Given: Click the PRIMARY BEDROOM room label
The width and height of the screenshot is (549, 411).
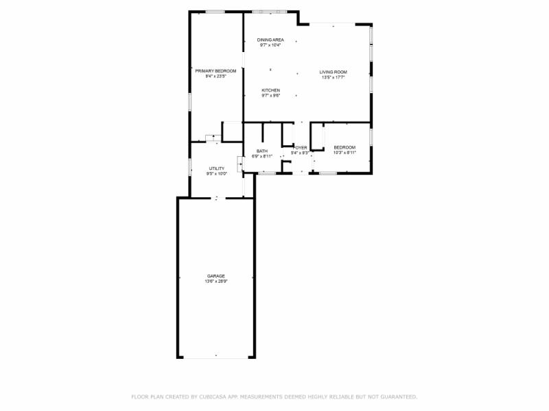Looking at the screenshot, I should (215, 71).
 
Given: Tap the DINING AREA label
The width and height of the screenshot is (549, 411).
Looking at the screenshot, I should (270, 40).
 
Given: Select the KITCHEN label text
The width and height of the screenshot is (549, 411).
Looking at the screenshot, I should (270, 90).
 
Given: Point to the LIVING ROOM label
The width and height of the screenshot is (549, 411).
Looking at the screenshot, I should (333, 72).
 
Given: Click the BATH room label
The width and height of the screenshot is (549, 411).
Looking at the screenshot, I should (262, 151).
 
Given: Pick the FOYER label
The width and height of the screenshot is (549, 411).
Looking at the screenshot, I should (300, 147).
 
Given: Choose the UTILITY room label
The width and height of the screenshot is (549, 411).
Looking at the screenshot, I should (217, 168).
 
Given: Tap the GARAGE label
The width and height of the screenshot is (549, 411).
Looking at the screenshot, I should (216, 276).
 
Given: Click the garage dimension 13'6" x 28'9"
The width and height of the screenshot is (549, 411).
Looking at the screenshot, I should (216, 282).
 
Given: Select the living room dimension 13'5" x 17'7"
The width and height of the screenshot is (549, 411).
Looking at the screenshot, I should (333, 77).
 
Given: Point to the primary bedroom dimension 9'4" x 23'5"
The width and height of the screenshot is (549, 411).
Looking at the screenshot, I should (215, 76).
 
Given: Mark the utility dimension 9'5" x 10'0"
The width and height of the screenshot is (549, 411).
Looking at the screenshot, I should (217, 173).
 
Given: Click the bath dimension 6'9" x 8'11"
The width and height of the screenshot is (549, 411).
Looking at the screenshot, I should (262, 156).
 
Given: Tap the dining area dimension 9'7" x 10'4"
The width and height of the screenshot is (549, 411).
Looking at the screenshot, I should (270, 45).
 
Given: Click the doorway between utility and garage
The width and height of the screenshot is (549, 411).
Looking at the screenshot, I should (217, 198).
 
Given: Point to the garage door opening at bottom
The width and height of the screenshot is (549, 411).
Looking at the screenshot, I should (216, 357).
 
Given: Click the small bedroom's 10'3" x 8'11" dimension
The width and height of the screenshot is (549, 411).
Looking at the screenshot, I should (344, 153).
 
